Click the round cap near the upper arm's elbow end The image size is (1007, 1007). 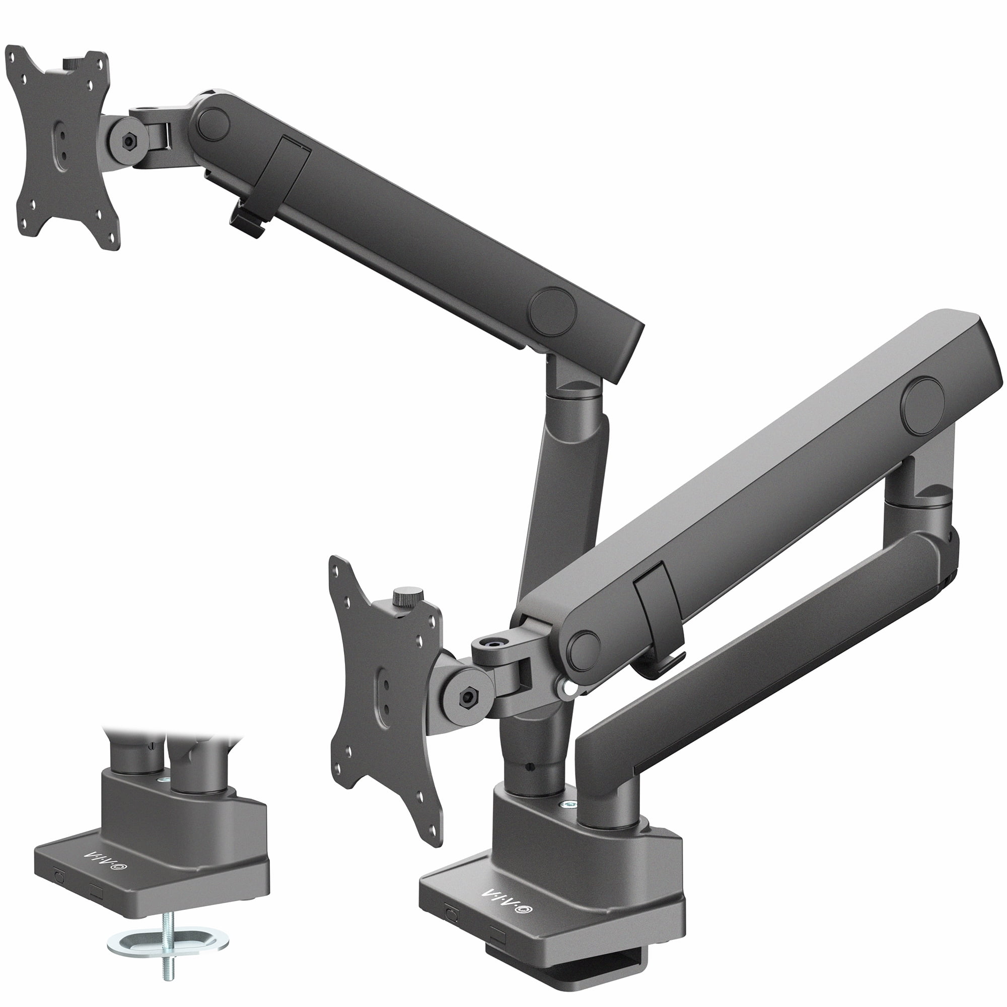(x=552, y=312)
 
